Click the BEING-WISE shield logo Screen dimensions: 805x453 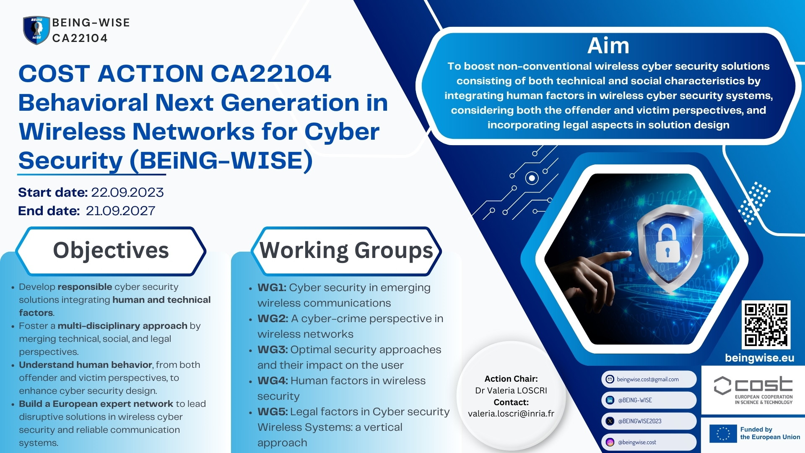pos(36,30)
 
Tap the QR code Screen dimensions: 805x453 pos(766,325)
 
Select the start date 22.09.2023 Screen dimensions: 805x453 pos(127,193)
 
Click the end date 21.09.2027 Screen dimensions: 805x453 pos(121,211)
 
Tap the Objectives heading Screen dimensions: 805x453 pos(111,250)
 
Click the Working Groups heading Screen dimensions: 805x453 pos(346,251)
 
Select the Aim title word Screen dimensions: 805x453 pos(608,45)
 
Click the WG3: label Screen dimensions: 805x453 pos(273,350)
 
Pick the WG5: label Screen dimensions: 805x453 pos(273,412)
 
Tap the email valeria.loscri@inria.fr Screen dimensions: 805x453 pos(511,414)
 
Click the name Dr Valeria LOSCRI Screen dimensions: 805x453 pos(511,391)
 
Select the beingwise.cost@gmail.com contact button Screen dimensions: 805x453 pos(649,379)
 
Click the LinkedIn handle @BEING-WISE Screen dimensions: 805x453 pos(635,400)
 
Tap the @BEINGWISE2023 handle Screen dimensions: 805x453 pos(639,421)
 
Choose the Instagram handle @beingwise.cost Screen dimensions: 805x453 pos(637,442)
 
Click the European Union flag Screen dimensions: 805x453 pos(723,434)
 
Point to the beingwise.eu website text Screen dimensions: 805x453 pos(759,358)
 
